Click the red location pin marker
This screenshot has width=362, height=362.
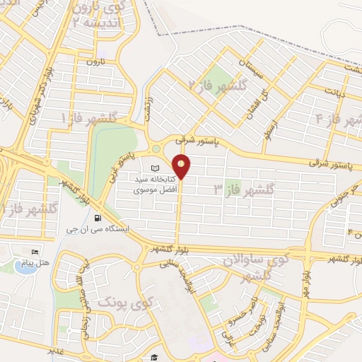tap(182, 166)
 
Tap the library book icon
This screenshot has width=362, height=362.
tap(156, 169)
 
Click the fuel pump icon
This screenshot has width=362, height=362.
tap(96, 218)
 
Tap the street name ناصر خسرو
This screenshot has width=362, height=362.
tap(235, 316)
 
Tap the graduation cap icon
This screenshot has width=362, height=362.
tap(154, 357)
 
